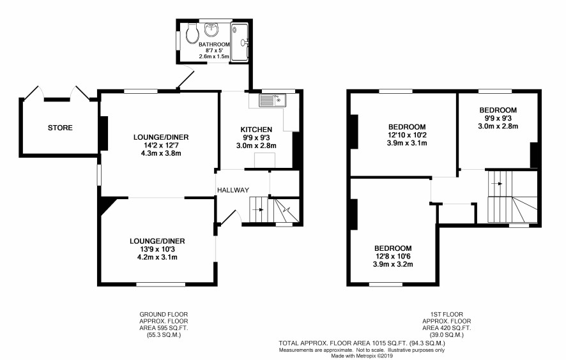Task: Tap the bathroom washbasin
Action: (211, 29)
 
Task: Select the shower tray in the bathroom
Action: (240, 42)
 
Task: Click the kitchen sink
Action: (272, 100)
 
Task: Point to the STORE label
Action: (60, 128)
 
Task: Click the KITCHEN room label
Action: (256, 130)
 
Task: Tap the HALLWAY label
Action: (233, 190)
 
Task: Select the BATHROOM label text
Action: (214, 45)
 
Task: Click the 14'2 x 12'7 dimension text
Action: (161, 146)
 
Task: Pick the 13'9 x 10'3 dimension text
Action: (157, 250)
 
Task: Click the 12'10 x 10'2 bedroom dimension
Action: (407, 135)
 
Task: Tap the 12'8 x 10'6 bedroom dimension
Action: (393, 257)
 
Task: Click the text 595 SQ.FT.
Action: (171, 328)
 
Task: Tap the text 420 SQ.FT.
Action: (454, 328)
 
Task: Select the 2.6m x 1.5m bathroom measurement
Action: (214, 57)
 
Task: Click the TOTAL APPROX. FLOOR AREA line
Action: (362, 343)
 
